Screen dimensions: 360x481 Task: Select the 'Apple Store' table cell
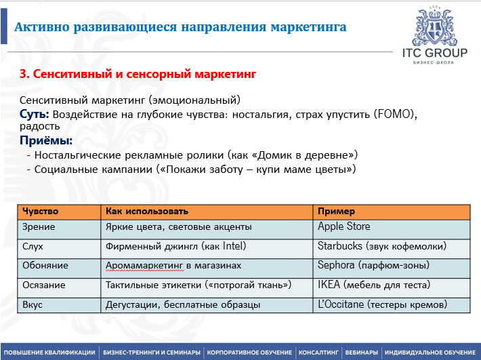344,226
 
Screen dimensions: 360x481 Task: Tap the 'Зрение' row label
39,227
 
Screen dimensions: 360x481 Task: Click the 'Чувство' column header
41,212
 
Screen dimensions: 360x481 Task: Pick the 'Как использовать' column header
147,212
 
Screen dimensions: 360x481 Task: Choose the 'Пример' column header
336,212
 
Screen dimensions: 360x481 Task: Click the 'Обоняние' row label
45,266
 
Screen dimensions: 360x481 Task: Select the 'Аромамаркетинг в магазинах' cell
173,266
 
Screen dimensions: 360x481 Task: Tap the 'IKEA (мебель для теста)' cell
373,285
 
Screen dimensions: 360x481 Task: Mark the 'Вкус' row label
33,305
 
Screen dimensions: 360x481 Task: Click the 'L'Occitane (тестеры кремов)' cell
382,305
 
